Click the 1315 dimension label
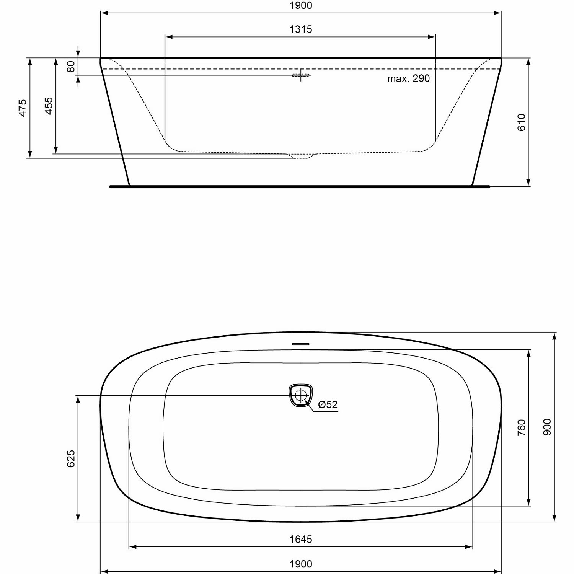(x=301, y=29)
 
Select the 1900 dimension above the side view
(x=301, y=5)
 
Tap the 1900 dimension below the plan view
(x=301, y=564)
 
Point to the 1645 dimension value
(x=301, y=539)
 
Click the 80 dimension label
(x=71, y=66)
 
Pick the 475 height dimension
(x=23, y=108)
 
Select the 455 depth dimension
(x=49, y=106)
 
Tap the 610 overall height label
(x=522, y=122)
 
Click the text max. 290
(x=408, y=78)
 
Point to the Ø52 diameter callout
(x=328, y=404)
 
